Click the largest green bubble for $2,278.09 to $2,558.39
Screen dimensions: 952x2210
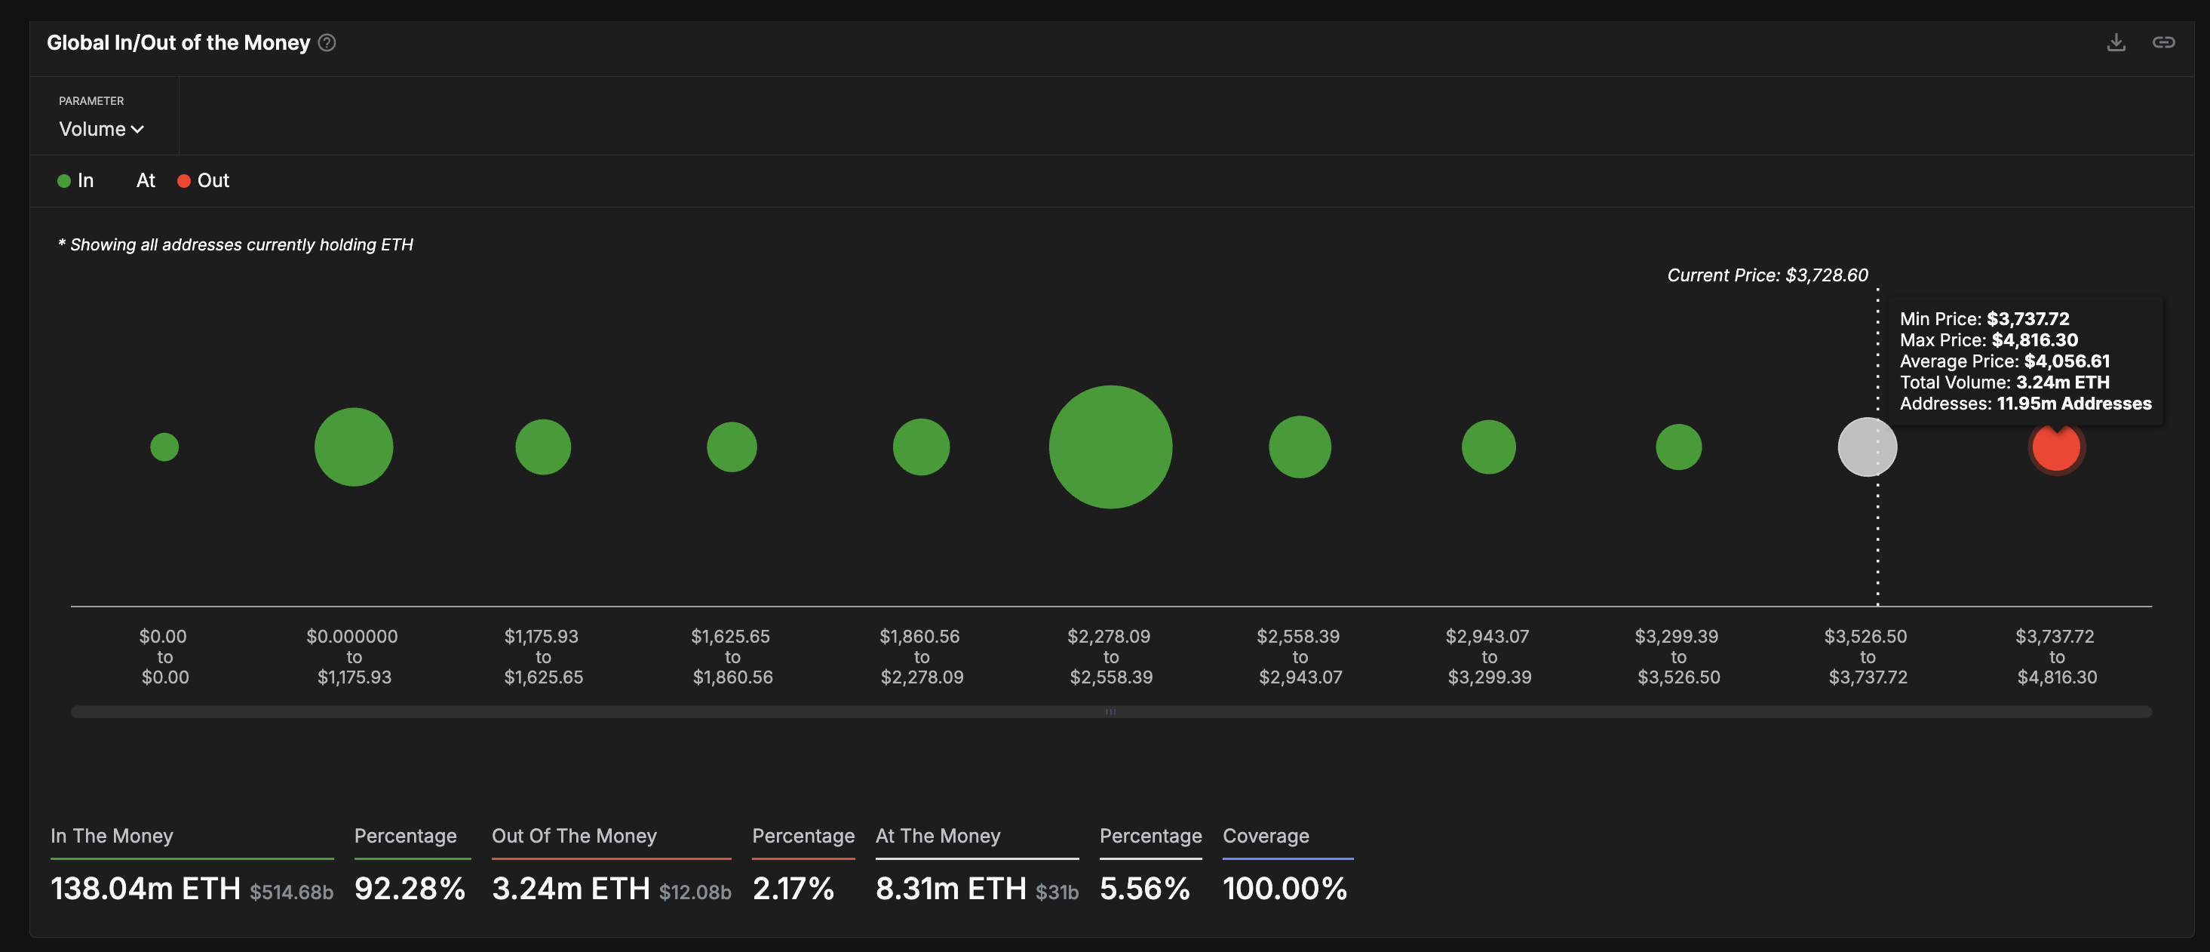1110,447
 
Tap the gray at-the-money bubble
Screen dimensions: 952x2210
1867,447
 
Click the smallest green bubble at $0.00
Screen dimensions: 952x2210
164,447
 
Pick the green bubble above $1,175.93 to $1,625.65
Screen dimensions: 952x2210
542,447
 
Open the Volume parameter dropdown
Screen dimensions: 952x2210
101,129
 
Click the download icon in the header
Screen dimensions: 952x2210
2116,42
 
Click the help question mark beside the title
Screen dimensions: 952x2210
327,43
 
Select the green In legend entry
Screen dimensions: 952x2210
76,181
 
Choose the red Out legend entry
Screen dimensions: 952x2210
204,181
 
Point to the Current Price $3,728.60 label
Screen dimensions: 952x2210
1766,275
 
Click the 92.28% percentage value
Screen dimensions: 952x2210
410,889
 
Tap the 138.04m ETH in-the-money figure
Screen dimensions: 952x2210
145,889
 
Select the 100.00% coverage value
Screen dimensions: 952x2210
1285,889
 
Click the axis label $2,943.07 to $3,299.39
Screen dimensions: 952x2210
1488,657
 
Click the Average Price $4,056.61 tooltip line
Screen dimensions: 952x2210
2004,361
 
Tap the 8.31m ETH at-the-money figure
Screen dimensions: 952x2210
950,889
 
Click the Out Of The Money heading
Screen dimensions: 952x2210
574,837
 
